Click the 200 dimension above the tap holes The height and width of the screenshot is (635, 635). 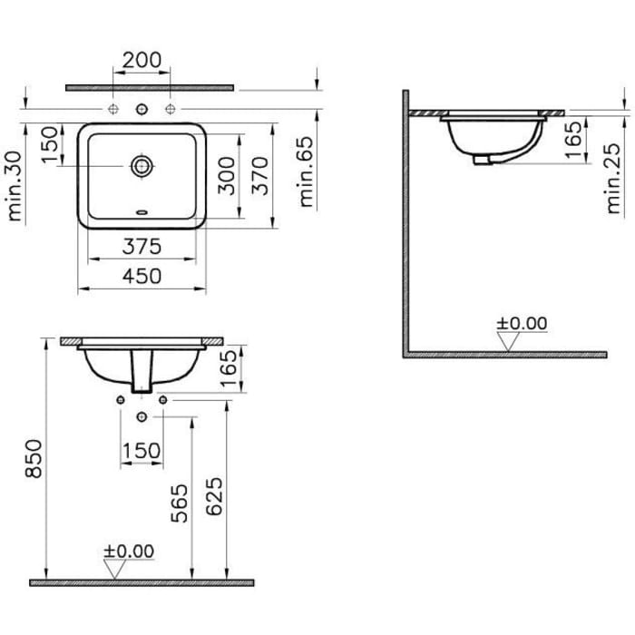point(142,61)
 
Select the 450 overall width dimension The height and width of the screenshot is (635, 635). point(142,276)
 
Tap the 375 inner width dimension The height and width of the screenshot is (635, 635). point(142,246)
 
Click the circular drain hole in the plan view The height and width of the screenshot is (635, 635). point(142,166)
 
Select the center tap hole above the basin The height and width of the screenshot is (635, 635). point(142,110)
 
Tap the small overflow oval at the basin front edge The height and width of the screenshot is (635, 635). point(142,214)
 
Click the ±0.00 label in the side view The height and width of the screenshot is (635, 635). point(522,323)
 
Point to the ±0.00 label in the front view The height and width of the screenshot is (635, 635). point(129,551)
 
